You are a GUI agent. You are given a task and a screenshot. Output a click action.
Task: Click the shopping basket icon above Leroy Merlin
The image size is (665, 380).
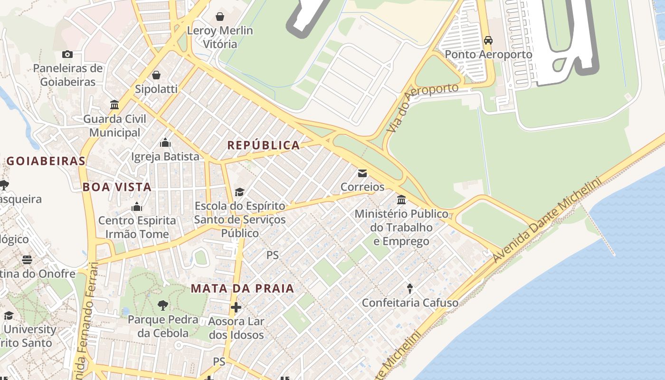(x=220, y=17)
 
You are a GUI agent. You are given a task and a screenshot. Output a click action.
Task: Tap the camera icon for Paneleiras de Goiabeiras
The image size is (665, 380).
(x=67, y=55)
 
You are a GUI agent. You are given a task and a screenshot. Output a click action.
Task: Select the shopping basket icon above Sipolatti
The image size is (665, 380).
(x=156, y=75)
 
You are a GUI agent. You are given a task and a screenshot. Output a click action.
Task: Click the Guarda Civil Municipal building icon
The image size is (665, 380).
(x=114, y=104)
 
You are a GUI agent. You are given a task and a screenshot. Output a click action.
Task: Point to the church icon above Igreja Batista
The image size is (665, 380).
(x=165, y=142)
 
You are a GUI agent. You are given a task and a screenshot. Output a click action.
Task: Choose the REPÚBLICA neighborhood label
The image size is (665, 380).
(x=264, y=145)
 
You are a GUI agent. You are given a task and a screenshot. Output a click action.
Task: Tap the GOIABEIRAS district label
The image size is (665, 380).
(x=46, y=161)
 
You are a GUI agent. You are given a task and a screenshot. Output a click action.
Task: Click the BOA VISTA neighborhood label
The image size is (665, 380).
(x=117, y=187)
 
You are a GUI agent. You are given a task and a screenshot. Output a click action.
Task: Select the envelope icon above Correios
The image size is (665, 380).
(x=362, y=173)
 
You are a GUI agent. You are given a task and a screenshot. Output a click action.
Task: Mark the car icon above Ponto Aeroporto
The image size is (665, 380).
(x=488, y=40)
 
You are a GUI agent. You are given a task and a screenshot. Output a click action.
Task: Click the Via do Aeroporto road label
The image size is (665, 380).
(x=422, y=108)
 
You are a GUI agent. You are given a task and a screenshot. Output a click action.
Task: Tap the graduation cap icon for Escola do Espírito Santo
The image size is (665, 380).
(x=240, y=192)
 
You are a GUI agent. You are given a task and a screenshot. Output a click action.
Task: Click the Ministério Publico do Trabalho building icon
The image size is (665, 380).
(x=401, y=199)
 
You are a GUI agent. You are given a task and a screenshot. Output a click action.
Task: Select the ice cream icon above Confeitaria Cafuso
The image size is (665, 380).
(x=410, y=288)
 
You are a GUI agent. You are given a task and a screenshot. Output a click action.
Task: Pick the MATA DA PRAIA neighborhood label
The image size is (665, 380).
(x=243, y=288)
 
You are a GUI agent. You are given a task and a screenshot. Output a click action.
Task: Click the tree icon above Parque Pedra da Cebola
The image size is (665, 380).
(x=163, y=305)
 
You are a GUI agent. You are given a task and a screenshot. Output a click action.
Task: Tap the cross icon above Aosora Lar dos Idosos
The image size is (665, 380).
(x=236, y=307)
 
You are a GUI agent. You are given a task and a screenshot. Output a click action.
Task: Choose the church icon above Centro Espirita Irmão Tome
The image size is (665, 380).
(x=137, y=207)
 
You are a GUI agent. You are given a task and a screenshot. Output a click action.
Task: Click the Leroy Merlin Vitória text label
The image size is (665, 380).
(x=220, y=38)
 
